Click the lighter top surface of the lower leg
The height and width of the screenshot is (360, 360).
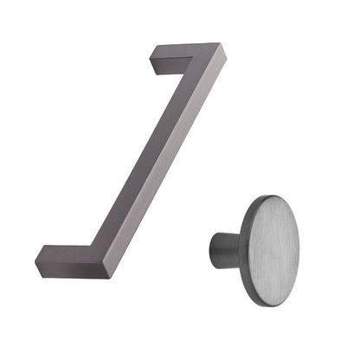(x=74, y=253)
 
